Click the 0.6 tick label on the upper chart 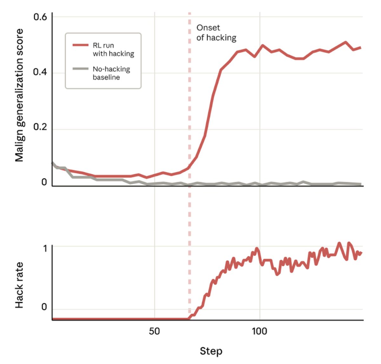(40, 17)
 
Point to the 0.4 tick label (40, 72)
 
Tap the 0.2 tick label (40, 127)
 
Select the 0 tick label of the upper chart (44, 182)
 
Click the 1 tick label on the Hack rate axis (45, 248)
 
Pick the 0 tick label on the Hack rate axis (44, 307)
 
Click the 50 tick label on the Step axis (154, 332)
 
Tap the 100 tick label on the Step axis (259, 332)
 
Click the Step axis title (211, 351)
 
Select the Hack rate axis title (19, 285)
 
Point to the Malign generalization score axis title (19, 95)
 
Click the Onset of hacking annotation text (216, 33)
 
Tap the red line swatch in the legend (80, 45)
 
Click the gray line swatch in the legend (80, 69)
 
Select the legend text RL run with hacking (113, 50)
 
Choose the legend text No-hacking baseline (111, 73)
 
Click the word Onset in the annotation (208, 28)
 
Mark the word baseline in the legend (106, 77)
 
